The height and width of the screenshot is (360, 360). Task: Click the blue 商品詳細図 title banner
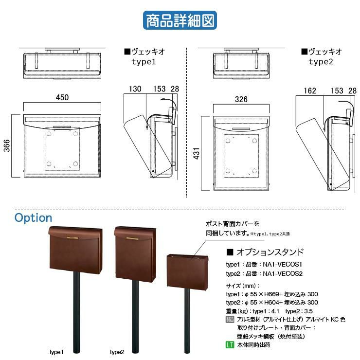[180, 20]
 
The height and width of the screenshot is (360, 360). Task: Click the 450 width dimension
[62, 97]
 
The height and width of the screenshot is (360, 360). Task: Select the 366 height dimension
[7, 145]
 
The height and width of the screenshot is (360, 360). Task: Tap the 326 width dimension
[241, 99]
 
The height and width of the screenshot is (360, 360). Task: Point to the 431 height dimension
[197, 153]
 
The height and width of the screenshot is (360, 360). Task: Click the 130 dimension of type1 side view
[135, 89]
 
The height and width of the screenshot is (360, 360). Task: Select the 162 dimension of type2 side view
[310, 90]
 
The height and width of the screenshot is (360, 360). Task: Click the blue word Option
[33, 218]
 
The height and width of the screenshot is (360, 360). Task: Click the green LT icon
[230, 344]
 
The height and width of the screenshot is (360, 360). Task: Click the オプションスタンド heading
[270, 252]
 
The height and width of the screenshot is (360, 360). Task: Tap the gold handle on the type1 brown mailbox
[72, 238]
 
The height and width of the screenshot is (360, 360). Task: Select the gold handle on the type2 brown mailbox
[132, 239]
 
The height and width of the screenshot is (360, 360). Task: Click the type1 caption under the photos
[56, 352]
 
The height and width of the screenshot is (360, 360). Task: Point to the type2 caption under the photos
[117, 352]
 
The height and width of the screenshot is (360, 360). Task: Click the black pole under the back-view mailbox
[187, 321]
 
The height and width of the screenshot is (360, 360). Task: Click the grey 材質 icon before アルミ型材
[230, 319]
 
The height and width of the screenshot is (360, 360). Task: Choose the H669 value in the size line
[271, 294]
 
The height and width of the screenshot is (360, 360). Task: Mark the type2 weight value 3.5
[308, 311]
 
